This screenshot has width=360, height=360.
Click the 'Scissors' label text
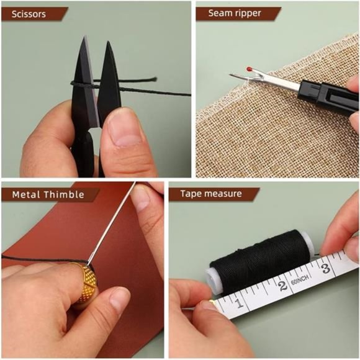point(29,14)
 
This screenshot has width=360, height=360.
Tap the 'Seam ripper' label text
point(235,13)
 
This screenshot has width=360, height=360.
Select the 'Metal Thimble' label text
point(48,195)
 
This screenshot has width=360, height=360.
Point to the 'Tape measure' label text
point(211,194)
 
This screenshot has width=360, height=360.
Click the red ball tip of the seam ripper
point(249,69)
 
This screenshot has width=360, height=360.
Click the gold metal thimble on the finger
point(86,284)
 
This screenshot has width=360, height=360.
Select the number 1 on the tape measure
point(240,304)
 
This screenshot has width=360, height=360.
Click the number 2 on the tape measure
point(282,286)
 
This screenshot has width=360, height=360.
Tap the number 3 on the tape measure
point(326,268)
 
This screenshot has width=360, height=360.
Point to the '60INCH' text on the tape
point(299,280)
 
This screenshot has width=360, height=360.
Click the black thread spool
point(259,261)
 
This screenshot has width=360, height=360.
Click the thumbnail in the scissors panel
point(125,132)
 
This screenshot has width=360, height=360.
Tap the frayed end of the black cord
point(154,79)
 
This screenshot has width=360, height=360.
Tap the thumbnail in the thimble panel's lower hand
point(120,299)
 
